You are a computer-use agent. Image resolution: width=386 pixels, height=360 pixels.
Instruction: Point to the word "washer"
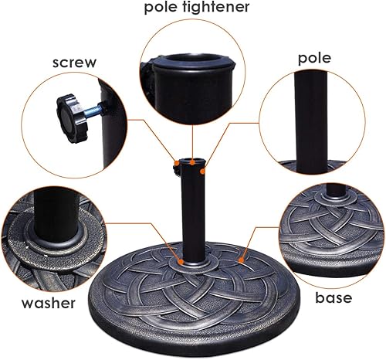pos(48,304)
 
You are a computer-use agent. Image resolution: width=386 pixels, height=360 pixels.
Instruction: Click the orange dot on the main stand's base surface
pos(245,252)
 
